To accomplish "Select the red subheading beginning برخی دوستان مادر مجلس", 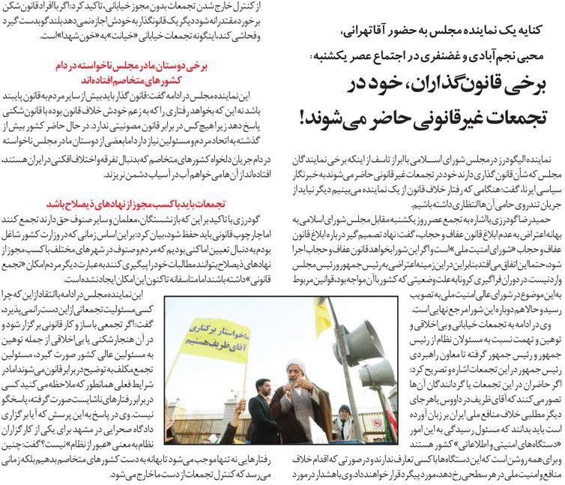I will (123, 72).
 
